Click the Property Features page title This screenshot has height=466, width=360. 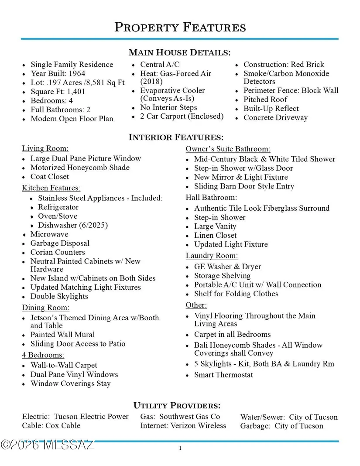(180, 27)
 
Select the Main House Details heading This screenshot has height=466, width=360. (179, 53)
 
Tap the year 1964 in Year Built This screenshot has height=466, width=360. (77, 74)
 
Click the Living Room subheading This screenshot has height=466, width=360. (45, 148)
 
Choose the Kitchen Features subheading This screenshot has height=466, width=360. (51, 188)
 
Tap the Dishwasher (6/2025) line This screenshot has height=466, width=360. (72, 225)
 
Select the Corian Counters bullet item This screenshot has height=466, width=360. (58, 252)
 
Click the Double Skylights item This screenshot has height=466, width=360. (59, 296)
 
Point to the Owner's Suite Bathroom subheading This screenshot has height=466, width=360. (228, 149)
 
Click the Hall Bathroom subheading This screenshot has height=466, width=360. (211, 198)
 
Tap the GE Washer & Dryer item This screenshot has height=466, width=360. (227, 267)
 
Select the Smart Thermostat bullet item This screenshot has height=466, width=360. (223, 375)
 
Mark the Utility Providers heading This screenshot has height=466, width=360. (177, 405)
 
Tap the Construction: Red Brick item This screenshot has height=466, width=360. (284, 65)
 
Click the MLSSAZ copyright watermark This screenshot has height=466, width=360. (47, 445)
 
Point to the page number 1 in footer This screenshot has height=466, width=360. (180, 448)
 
